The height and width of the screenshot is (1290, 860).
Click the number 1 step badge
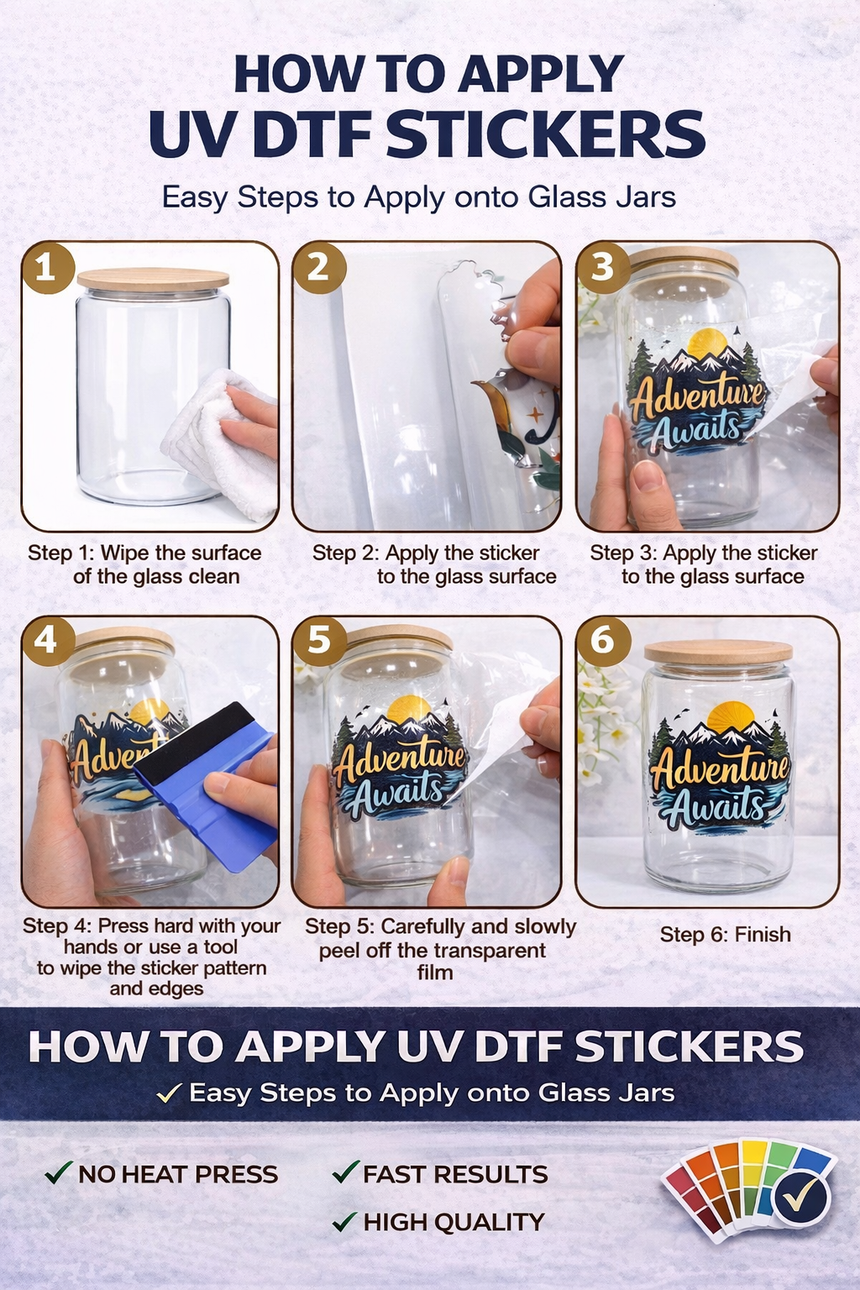point(46,267)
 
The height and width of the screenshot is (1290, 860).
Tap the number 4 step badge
point(46,641)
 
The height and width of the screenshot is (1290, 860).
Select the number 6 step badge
point(602,641)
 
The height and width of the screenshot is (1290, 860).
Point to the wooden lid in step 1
point(153,280)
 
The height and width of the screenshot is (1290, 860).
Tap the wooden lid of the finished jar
point(718,652)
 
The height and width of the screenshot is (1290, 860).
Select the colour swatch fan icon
point(747,1188)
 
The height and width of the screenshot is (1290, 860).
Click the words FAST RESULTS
point(455,1174)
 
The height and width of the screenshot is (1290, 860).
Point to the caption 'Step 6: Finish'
point(725,935)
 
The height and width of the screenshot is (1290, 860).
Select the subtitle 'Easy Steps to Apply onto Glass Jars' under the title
point(418,197)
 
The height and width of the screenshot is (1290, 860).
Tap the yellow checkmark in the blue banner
point(169,1093)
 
